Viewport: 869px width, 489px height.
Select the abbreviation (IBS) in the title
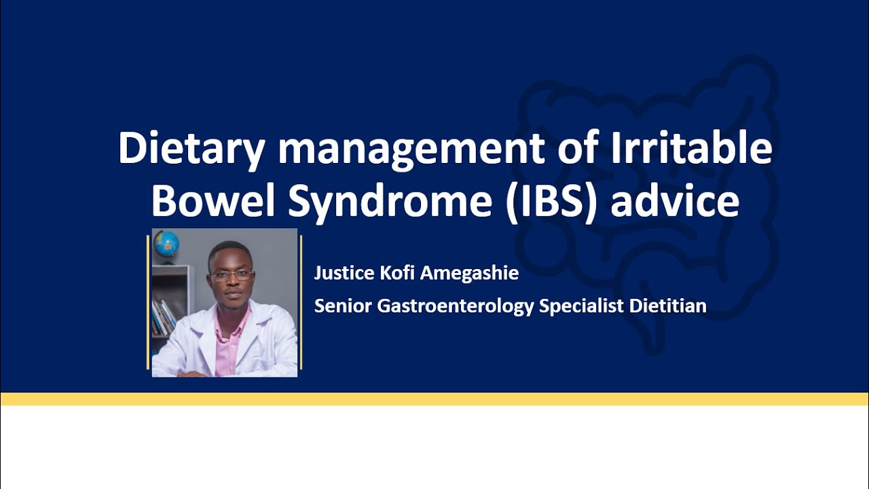click(x=551, y=202)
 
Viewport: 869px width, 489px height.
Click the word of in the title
click(x=578, y=149)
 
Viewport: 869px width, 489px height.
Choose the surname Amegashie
click(x=470, y=274)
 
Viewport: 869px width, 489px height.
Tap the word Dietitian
click(x=668, y=306)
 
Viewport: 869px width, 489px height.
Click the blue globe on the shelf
click(x=166, y=242)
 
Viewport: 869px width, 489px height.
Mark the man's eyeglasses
click(x=232, y=275)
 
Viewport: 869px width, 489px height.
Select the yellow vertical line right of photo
click(x=301, y=303)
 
